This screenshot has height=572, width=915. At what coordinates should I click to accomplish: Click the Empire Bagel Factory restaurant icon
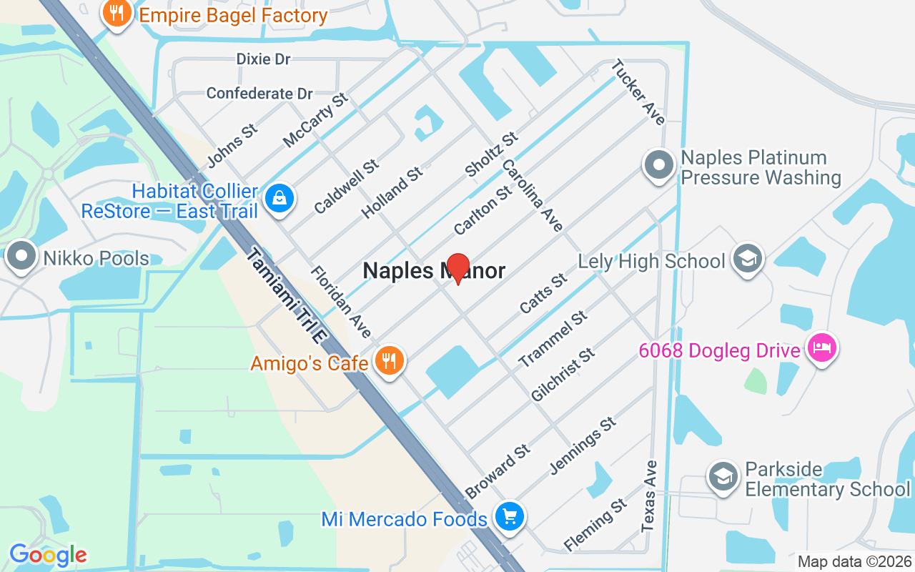pos(116,13)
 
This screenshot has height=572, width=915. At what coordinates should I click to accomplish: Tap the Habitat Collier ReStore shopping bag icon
pos(280,198)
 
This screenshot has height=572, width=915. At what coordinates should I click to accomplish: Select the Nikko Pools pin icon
pos(21,257)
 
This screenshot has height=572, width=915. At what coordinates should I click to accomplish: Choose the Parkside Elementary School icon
pos(723,476)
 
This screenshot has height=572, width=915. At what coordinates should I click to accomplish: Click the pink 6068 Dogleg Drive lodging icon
pos(822,348)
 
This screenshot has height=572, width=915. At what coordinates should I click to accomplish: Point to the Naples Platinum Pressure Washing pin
pos(659,166)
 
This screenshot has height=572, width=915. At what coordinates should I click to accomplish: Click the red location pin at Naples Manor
pos(457,268)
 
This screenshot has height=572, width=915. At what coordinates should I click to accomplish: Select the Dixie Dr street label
pos(264,59)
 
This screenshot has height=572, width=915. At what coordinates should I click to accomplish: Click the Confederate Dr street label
pos(259,94)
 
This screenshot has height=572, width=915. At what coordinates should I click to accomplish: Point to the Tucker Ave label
pos(638,92)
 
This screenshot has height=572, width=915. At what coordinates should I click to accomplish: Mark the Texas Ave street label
pos(649,495)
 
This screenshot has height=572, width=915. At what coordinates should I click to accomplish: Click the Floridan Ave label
pos(341,302)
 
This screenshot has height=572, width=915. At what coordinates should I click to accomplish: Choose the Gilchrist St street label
pos(563,375)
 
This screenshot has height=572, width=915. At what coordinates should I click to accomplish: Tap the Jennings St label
pos(583,446)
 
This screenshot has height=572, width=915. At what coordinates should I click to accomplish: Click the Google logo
pos(48,555)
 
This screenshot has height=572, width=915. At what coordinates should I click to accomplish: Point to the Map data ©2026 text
pos(855,562)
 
